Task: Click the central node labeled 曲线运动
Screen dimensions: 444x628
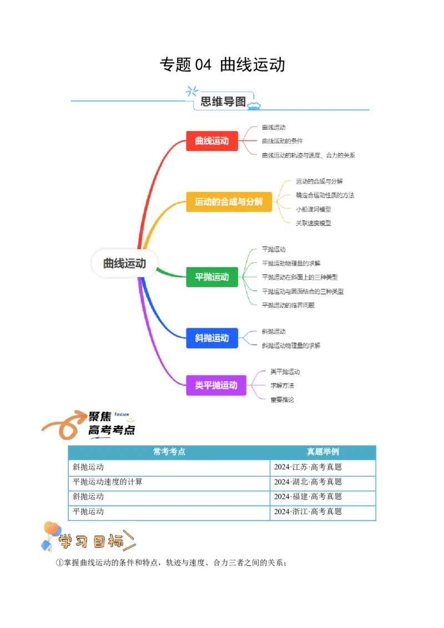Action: pyautogui.click(x=124, y=264)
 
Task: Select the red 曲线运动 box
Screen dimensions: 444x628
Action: pyautogui.click(x=212, y=141)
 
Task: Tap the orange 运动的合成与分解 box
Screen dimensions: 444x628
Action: pyautogui.click(x=229, y=202)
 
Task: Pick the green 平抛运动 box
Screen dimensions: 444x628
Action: pyautogui.click(x=212, y=277)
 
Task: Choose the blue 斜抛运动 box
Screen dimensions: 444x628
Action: pyautogui.click(x=212, y=338)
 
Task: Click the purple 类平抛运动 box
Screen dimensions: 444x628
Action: pyautogui.click(x=216, y=385)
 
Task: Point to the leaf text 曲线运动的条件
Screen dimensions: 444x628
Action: pyautogui.click(x=282, y=141)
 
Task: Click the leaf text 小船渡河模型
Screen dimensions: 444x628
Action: pyautogui.click(x=314, y=209)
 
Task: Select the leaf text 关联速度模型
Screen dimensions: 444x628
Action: pyautogui.click(x=314, y=223)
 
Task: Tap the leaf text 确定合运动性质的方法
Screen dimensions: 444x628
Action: pyautogui.click(x=325, y=195)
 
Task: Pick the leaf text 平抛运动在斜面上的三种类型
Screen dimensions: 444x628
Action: pyautogui.click(x=300, y=277)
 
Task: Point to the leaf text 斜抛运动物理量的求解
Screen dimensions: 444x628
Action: pyautogui.click(x=291, y=346)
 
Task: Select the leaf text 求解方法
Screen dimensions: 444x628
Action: pyautogui.click(x=282, y=386)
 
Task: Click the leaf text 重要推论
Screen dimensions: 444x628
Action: pyautogui.click(x=282, y=399)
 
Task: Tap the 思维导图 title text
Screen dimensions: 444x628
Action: pyautogui.click(x=223, y=102)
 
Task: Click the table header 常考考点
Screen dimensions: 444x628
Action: pyautogui.click(x=169, y=452)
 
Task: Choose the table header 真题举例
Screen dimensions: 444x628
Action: pyautogui.click(x=322, y=452)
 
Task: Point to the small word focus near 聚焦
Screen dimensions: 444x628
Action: pyautogui.click(x=122, y=414)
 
